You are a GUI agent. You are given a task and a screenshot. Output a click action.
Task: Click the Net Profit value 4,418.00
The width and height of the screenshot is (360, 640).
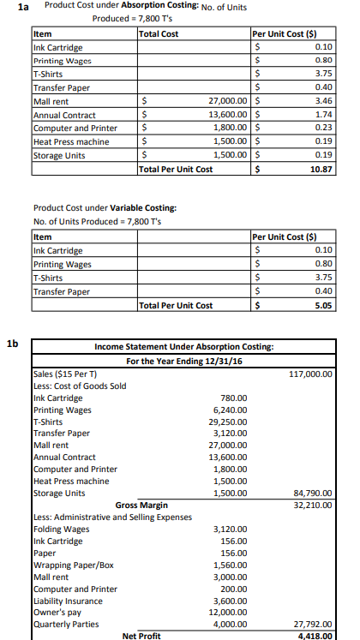click(315, 636)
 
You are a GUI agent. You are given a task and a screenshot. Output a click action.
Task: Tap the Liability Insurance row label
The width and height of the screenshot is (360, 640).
click(68, 601)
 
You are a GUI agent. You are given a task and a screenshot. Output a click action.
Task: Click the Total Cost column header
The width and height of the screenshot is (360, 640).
click(159, 34)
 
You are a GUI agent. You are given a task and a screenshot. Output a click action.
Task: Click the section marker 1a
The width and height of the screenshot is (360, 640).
click(13, 7)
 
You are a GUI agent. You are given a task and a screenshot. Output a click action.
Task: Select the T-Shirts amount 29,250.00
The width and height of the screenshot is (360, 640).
click(228, 422)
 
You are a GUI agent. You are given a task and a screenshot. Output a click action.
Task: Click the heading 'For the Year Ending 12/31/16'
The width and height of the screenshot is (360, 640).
click(184, 362)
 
